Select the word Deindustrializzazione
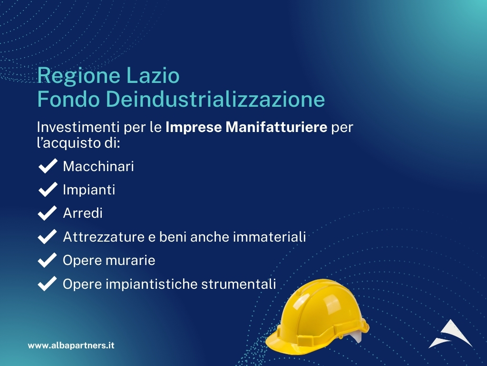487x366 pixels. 215,99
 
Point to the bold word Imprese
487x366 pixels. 194,127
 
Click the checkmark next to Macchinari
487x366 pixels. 48,165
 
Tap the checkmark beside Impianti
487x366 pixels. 48,189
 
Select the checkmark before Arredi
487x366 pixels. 48,213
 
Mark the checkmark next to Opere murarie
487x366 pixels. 48,260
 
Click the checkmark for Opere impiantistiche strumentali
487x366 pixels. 48,284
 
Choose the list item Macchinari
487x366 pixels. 98,166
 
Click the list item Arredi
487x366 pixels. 83,213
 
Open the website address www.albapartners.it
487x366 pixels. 71,346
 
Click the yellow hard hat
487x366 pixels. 317,317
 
